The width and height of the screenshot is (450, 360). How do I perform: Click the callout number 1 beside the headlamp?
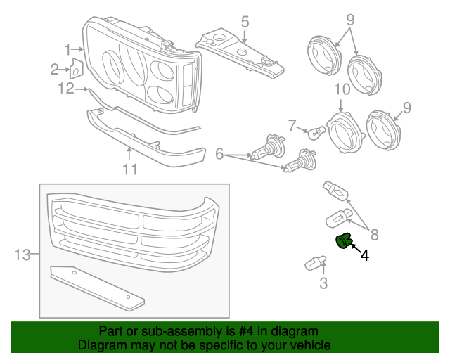(x=69, y=50)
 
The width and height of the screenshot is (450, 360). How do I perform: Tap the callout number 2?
(x=55, y=69)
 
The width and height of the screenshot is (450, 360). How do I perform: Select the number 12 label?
(x=65, y=89)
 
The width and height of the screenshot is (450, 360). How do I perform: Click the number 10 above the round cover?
(x=342, y=90)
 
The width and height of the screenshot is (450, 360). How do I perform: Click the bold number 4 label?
(x=364, y=255)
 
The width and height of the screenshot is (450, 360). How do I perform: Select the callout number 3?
(x=323, y=284)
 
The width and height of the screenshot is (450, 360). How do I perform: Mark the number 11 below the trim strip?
(x=129, y=169)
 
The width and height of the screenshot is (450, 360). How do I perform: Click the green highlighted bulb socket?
(x=344, y=241)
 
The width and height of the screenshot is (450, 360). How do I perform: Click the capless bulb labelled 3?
(x=314, y=264)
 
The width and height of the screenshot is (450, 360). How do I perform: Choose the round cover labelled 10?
(x=345, y=131)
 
